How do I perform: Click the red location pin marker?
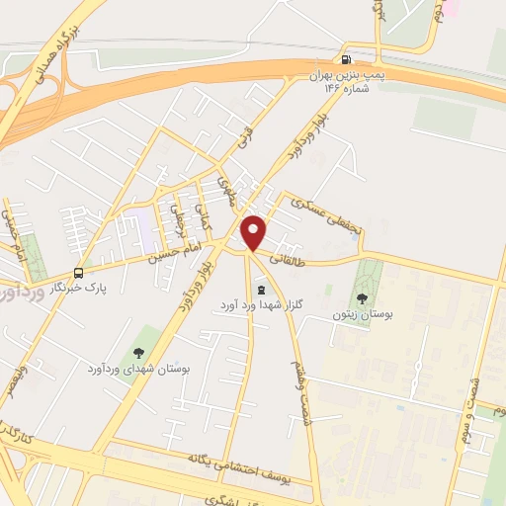(254, 232)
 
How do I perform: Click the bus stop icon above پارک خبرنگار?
(78, 273)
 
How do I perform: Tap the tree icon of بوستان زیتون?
(363, 296)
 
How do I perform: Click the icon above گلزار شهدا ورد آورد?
(261, 290)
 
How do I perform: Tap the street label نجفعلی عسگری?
(325, 212)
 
